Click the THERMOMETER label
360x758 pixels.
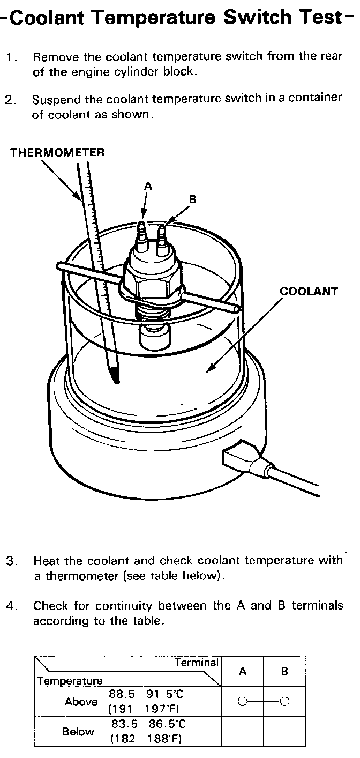click(x=58, y=152)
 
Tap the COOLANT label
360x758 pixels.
click(x=309, y=292)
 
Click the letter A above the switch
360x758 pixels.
click(x=148, y=186)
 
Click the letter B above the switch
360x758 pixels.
click(x=192, y=199)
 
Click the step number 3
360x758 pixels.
click(x=10, y=561)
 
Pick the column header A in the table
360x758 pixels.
click(x=242, y=671)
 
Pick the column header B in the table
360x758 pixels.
click(x=284, y=671)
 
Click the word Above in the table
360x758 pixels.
click(x=81, y=702)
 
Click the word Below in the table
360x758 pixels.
click(x=78, y=732)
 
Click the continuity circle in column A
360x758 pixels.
click(x=242, y=701)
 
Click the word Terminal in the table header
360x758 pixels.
click(x=197, y=663)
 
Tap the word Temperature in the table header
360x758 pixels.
click(x=70, y=681)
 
